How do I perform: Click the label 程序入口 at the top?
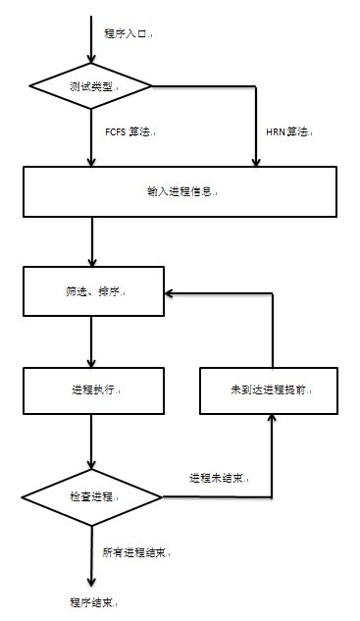[128, 33]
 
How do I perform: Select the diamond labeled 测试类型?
[91, 85]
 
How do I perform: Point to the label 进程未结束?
[218, 479]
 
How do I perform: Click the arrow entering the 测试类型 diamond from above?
[91, 39]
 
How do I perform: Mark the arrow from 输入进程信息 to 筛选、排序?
[91, 240]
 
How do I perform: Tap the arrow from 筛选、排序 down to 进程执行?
[91, 341]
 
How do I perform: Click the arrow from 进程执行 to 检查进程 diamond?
[91, 441]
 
